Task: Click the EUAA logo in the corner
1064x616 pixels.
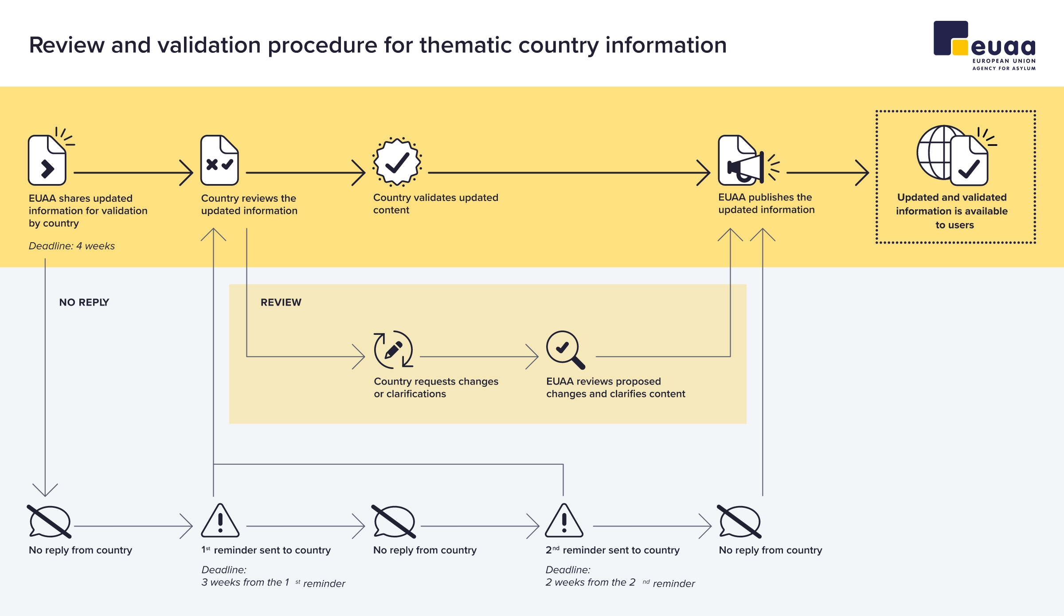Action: pos(984,46)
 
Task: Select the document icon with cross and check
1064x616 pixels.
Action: pos(219,160)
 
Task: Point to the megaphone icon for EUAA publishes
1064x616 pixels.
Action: pos(749,161)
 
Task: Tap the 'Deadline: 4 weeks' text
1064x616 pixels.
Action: pos(72,246)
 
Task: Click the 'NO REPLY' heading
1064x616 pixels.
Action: pos(84,302)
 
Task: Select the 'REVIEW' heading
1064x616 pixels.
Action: pos(281,302)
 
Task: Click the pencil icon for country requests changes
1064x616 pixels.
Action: pos(393,349)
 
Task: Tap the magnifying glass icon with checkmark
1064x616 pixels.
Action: pos(566,350)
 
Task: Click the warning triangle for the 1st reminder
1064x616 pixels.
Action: pos(220,521)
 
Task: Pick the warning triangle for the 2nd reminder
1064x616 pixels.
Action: pos(564,521)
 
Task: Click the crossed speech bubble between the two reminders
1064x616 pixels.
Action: pos(394,522)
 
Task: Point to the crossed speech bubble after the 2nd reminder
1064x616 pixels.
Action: pos(739,522)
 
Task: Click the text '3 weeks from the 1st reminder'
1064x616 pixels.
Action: pos(273,583)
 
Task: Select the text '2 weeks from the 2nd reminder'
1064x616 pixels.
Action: pos(620,583)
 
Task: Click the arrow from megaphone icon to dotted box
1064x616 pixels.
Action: pos(828,173)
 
